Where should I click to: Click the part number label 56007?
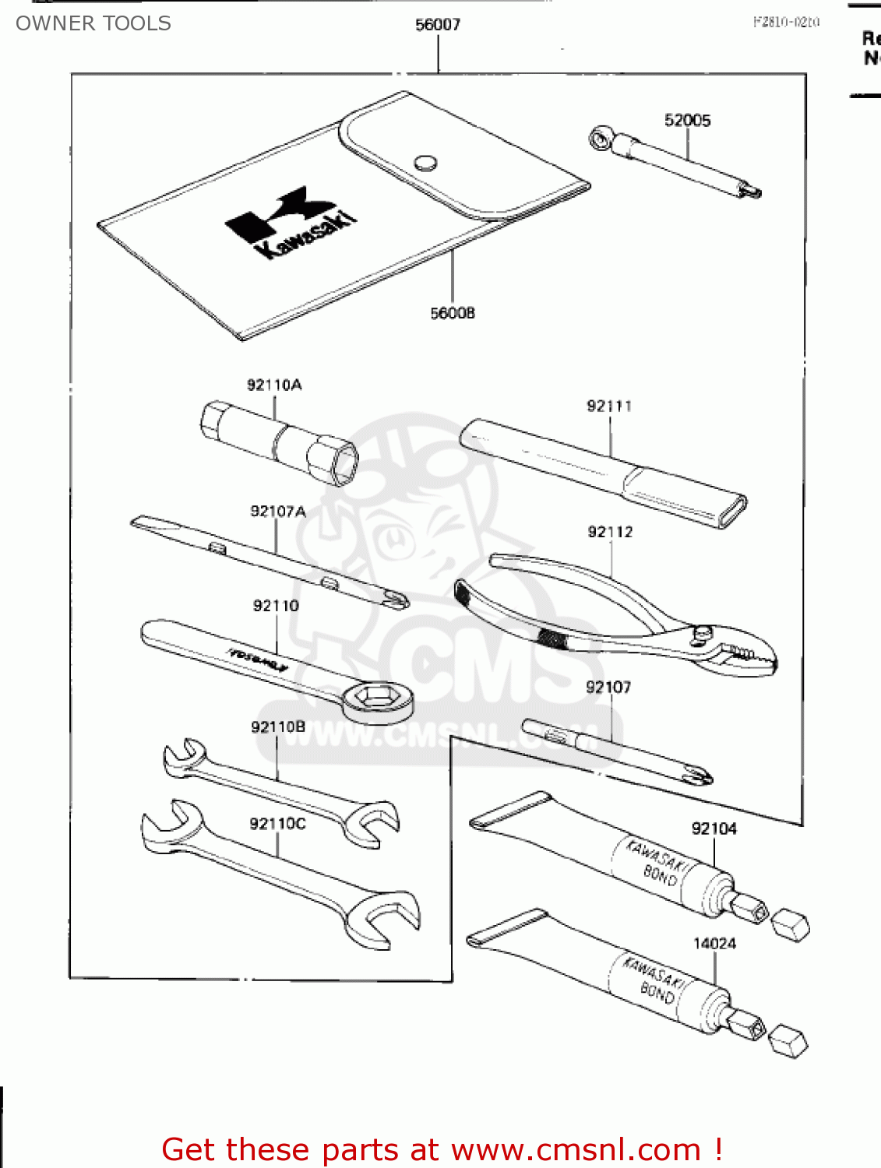(438, 25)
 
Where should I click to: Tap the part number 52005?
(687, 120)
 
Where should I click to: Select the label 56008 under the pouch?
(453, 313)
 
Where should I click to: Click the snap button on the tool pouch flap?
(425, 163)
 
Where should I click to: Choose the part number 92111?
(609, 406)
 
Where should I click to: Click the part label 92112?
(610, 532)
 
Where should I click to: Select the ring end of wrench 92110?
(379, 698)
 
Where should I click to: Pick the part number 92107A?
(278, 512)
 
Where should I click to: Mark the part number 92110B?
(278, 727)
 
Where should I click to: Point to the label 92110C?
(278, 824)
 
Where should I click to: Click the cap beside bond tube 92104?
(791, 924)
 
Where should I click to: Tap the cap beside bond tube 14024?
(788, 1041)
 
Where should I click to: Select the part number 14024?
(714, 944)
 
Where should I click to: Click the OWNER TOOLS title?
(93, 23)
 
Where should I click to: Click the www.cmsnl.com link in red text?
(576, 1149)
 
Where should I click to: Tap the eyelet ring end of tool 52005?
(601, 140)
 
